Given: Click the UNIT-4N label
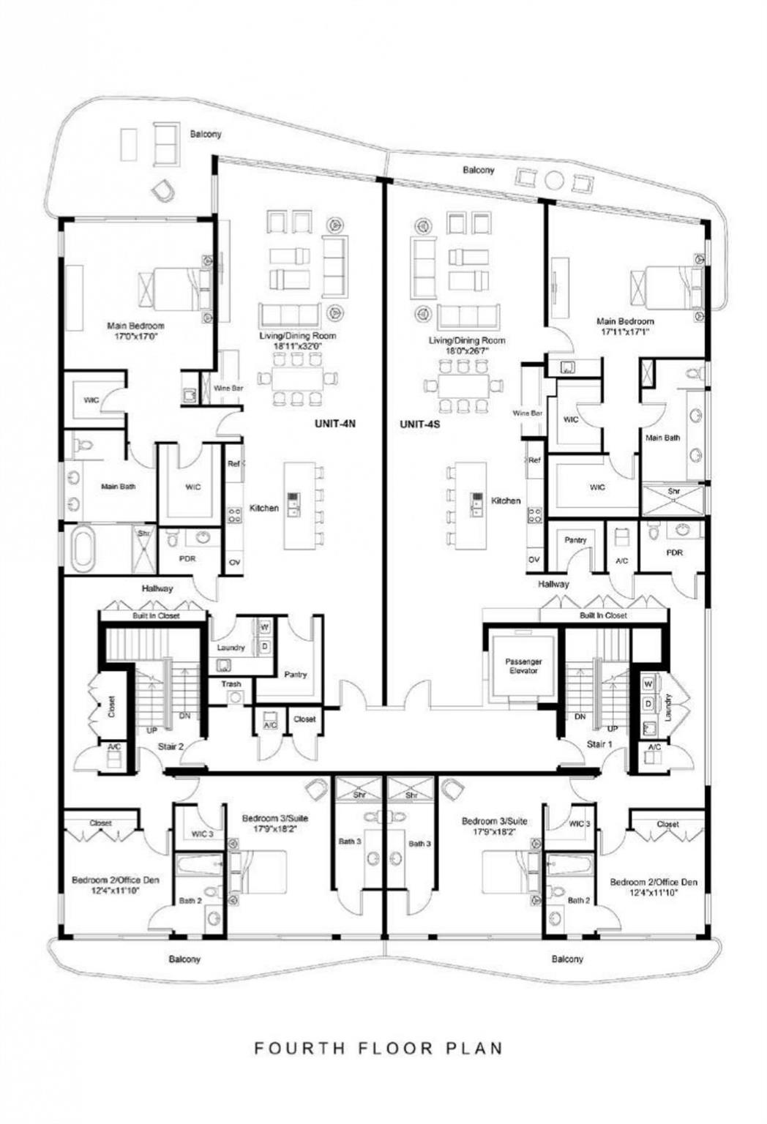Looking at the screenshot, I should click(334, 424).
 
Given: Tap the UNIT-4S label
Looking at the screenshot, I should click(419, 424).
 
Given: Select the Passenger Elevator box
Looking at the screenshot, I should click(523, 666).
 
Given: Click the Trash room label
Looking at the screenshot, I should click(231, 684).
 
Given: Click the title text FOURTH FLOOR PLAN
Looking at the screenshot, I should click(378, 1048).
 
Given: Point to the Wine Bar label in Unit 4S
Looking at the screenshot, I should click(527, 413).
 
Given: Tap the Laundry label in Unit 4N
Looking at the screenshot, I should click(231, 648).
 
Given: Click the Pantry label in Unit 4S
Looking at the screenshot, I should click(575, 540).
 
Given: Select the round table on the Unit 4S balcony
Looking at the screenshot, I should click(554, 179).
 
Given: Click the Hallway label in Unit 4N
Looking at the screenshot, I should click(157, 588).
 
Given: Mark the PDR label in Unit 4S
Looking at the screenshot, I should click(674, 552).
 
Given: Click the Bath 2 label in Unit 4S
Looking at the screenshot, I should click(578, 900).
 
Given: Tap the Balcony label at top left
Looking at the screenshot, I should click(206, 135).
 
